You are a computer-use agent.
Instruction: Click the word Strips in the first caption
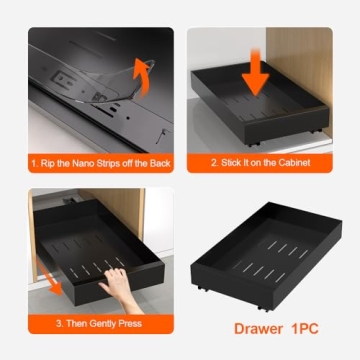104,162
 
